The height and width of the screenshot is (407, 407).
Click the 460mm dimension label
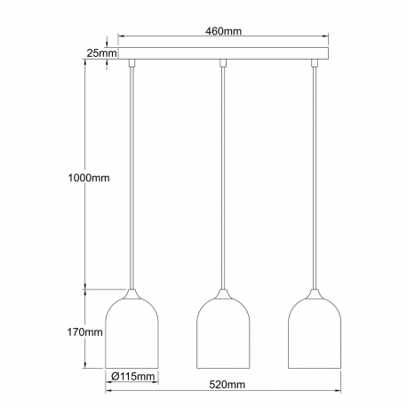click(x=223, y=31)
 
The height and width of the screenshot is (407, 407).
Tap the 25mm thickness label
click(x=101, y=53)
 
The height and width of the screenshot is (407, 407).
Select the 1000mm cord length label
click(x=89, y=178)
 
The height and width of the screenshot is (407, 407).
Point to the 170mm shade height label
click(x=84, y=332)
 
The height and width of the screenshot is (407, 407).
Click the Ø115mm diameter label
click(x=132, y=377)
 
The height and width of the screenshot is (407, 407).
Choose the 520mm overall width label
click(x=227, y=385)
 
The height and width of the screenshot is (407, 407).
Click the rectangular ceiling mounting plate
click(x=223, y=53)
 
